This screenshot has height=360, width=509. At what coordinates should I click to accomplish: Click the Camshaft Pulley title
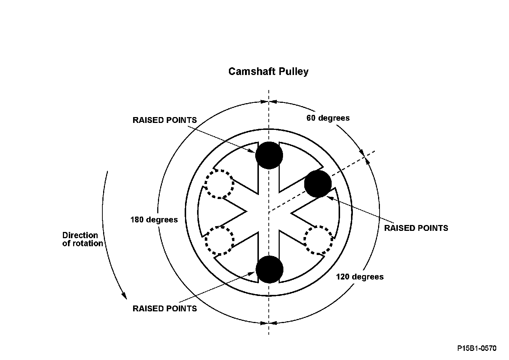click(x=268, y=72)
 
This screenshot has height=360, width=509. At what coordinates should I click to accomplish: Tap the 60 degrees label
click(x=328, y=118)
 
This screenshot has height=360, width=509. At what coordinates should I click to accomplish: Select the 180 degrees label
click(x=154, y=220)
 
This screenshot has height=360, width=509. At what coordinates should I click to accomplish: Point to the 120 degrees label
click(x=360, y=277)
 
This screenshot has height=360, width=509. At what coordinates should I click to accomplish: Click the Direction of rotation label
click(x=83, y=239)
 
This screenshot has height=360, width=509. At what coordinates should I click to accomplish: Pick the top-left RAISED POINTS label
click(x=165, y=120)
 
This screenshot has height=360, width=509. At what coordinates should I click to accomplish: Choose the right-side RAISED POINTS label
click(x=416, y=228)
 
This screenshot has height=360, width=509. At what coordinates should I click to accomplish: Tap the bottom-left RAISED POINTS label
click(x=165, y=309)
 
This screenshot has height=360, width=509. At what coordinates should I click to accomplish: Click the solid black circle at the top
click(x=269, y=155)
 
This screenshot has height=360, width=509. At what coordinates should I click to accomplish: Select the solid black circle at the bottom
click(x=269, y=270)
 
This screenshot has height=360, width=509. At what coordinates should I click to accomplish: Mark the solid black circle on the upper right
click(x=318, y=184)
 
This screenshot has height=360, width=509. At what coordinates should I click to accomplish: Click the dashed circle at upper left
click(x=219, y=184)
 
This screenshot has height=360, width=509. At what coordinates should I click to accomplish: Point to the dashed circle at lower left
click(x=219, y=240)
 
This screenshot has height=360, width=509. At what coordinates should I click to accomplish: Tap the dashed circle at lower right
click(x=318, y=240)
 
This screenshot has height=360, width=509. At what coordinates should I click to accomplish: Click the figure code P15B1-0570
click(x=477, y=348)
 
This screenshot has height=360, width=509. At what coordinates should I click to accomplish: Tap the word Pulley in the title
click(x=294, y=72)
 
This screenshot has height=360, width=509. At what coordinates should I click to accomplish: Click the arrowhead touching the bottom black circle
click(x=252, y=273)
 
